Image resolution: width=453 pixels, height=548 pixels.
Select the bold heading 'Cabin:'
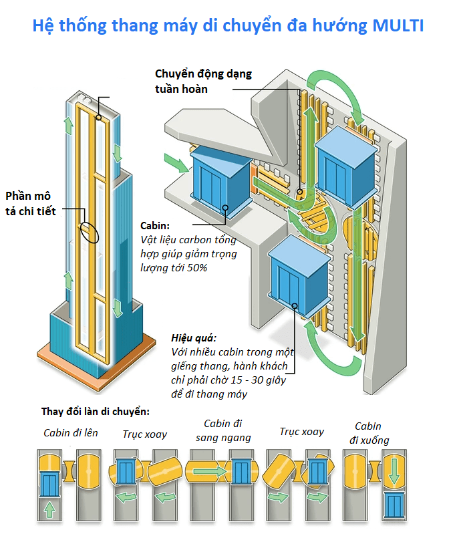tap(155, 226)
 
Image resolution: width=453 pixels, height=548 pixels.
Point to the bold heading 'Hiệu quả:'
tap(194, 338)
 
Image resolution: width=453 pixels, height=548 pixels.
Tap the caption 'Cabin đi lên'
tap(71, 433)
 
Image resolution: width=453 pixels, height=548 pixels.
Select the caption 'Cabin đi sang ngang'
tap(223, 430)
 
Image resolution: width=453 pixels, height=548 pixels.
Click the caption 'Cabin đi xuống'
tap(368, 433)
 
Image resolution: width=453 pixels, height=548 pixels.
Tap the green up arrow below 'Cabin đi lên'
tap(49, 510)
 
